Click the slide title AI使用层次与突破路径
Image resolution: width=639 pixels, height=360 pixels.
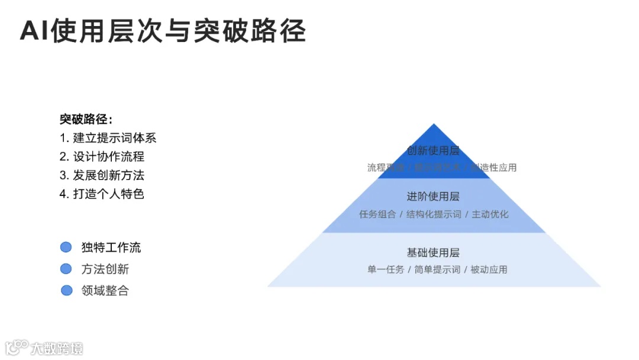coord(163,31)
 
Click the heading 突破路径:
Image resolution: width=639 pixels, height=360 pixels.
coord(86,119)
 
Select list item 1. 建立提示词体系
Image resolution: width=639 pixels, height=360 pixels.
coord(108,138)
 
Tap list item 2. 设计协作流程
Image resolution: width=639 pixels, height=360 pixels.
coord(102,156)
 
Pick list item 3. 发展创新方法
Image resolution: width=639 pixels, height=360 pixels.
coord(102,175)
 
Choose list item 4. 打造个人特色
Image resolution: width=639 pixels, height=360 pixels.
coord(102,194)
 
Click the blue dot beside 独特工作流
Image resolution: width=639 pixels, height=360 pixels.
coord(66,247)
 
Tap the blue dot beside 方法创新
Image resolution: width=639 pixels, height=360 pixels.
coord(66,269)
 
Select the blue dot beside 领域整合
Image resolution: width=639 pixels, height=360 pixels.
coord(66,290)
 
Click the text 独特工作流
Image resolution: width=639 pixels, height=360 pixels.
coord(111,247)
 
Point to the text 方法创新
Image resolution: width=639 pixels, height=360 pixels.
coord(105,269)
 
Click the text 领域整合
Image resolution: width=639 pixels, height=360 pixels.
coord(105,290)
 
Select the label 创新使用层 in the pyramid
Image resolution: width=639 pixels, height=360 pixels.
coord(433,150)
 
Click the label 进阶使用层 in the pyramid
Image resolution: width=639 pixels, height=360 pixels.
coord(433,196)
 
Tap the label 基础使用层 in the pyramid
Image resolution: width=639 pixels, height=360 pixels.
coord(433,253)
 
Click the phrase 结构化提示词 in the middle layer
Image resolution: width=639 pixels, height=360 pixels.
coord(434,214)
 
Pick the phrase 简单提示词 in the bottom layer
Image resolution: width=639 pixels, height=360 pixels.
coord(437,269)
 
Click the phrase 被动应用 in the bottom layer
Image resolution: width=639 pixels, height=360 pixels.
coord(489,269)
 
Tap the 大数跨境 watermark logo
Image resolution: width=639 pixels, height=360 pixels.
coord(44,347)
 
